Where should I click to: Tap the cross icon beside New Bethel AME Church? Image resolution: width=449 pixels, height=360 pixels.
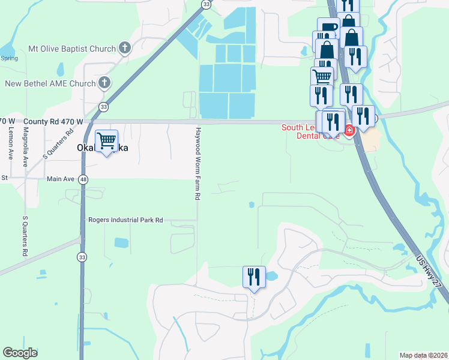[104, 82]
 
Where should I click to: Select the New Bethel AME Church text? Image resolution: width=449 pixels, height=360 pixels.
[50, 83]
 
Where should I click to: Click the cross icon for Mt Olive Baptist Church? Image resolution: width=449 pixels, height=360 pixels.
[124, 47]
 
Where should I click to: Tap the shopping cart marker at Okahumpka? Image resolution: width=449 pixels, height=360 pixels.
[106, 142]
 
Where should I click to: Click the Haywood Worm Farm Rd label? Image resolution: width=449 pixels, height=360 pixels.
[197, 163]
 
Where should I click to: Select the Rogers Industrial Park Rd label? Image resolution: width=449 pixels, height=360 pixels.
[125, 220]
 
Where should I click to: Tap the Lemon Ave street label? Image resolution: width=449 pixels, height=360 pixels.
[11, 143]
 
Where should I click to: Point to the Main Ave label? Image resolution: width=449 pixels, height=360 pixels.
[59, 179]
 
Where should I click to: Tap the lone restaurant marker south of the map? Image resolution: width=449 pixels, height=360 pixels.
[253, 277]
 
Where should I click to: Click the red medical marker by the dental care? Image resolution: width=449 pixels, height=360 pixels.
[349, 130]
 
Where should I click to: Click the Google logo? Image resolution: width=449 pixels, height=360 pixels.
[20, 353]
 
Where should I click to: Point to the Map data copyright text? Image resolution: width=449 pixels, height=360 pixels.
[423, 355]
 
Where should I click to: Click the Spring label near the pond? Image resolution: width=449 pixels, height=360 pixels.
[9, 58]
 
